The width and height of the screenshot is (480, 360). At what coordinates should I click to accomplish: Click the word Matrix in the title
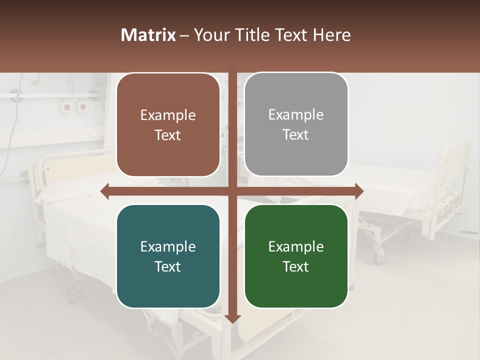[x=148, y=35]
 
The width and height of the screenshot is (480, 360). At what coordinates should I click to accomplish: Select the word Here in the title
[x=332, y=35]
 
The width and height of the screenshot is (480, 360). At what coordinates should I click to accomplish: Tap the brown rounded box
[x=168, y=124]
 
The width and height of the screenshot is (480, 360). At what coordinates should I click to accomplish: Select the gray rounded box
[x=296, y=124]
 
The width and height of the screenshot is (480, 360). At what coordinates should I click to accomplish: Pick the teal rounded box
[x=168, y=256]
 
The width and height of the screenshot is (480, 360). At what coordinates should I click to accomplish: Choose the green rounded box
[x=296, y=256]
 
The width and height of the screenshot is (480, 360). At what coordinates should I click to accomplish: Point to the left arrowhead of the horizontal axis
[x=105, y=191]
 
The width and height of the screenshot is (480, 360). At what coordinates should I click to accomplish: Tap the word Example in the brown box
[x=168, y=115]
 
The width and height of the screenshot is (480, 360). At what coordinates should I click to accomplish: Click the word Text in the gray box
[x=296, y=134]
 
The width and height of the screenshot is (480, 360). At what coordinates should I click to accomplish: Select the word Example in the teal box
[x=168, y=246]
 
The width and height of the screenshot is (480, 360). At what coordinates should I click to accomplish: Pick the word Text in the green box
[x=296, y=266]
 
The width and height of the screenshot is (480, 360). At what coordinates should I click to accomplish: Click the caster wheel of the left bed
[x=74, y=293]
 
